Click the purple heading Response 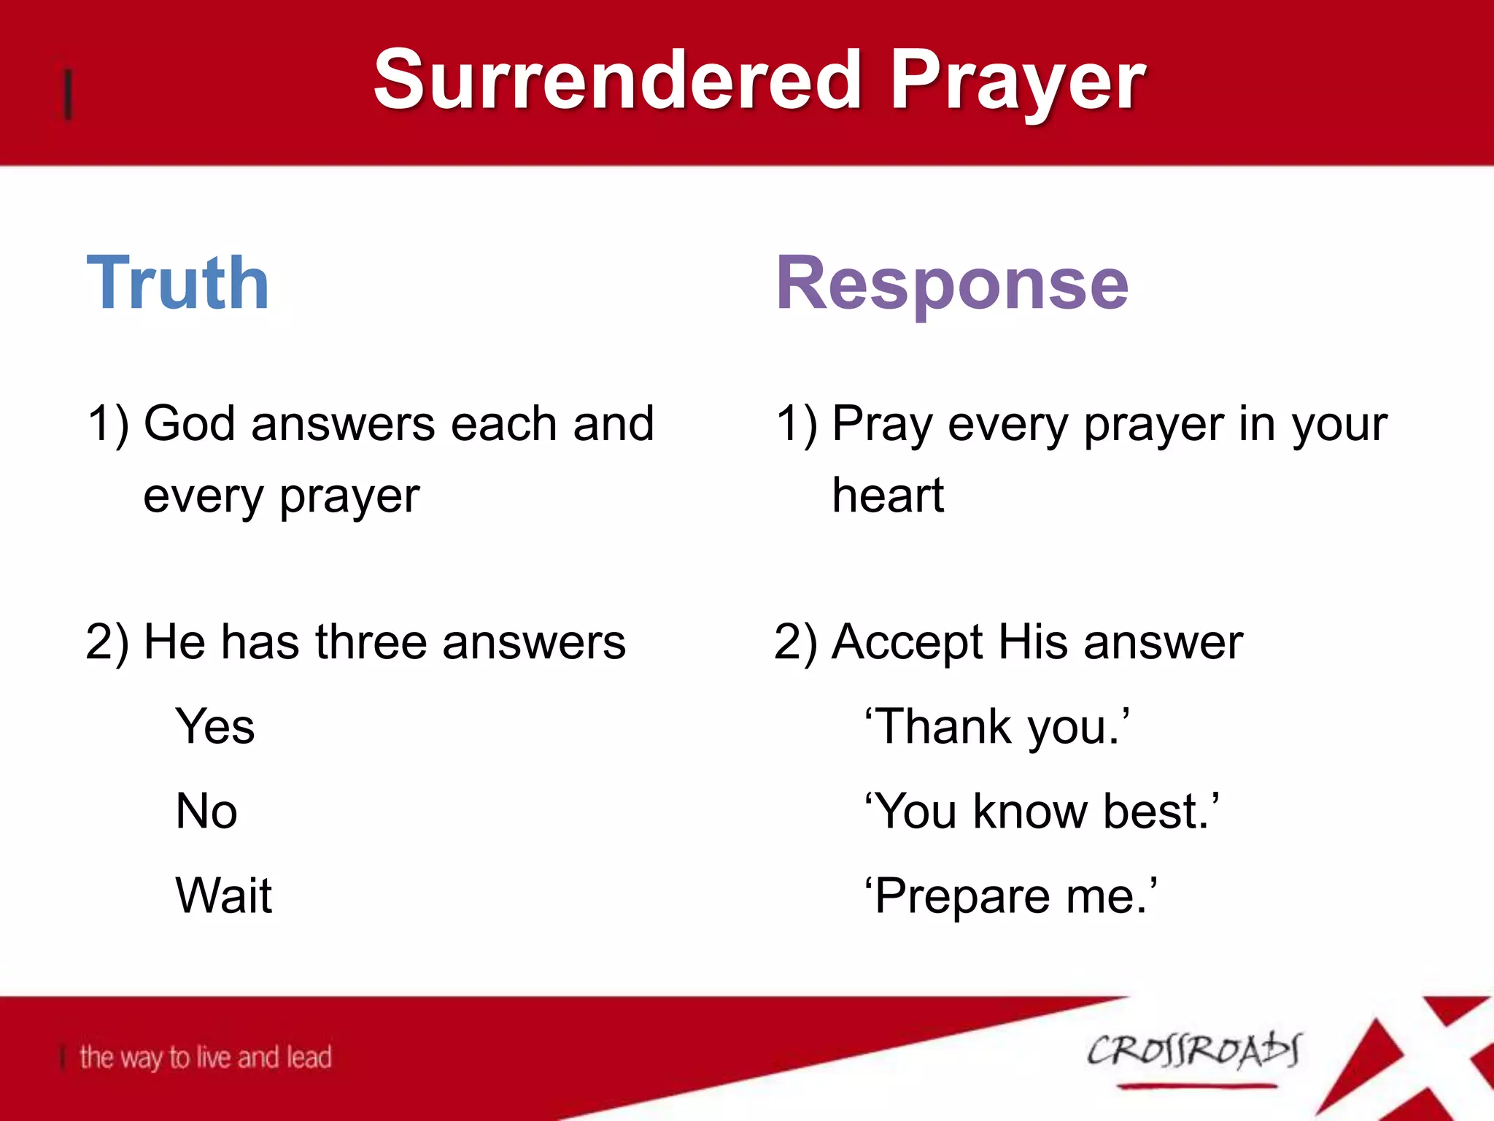[952, 285]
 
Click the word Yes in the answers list [215, 727]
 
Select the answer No [206, 812]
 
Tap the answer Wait [223, 895]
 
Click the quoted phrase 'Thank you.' [997, 727]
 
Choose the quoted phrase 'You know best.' [1042, 812]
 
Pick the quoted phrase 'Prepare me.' [1011, 896]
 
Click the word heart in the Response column [888, 496]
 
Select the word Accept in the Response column [907, 644]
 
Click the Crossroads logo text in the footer [1193, 1052]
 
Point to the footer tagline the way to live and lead [206, 1058]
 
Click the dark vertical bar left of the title [69, 94]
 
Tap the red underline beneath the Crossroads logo [1196, 1087]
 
